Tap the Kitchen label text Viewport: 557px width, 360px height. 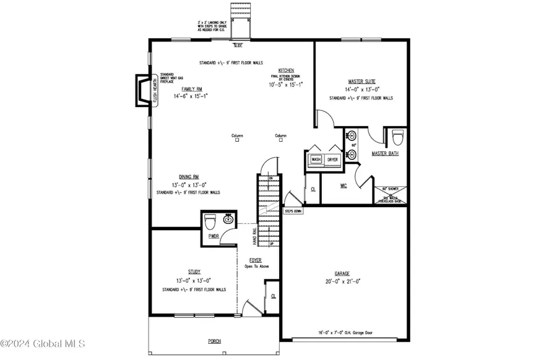click(286, 71)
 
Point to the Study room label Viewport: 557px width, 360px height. click(194, 271)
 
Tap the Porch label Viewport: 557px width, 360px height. click(214, 341)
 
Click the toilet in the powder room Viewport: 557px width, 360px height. click(210, 220)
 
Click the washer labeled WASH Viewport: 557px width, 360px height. click(316, 160)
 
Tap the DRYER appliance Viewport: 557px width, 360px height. click(333, 160)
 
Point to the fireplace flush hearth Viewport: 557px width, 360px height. click(143, 92)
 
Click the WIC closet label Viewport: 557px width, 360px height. click(344, 185)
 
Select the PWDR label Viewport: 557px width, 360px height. click(214, 236)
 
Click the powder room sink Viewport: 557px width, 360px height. click(228, 219)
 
